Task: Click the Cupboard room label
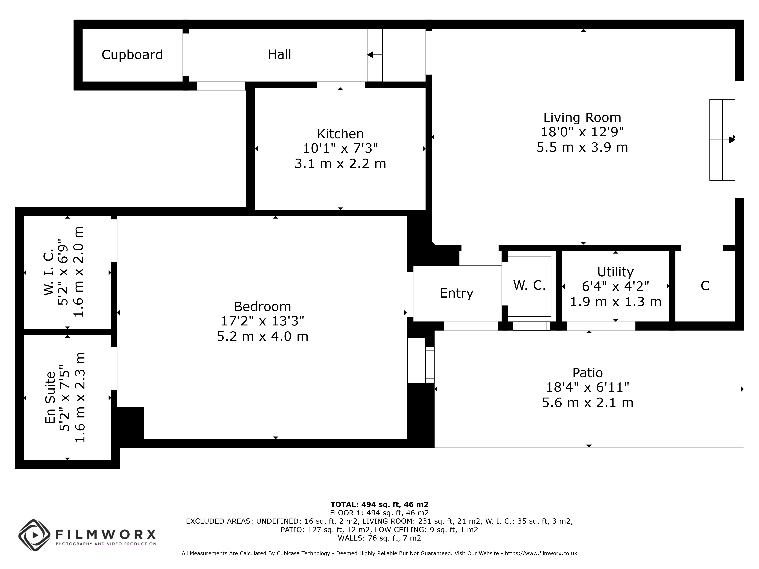(x=132, y=55)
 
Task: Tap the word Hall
(x=279, y=54)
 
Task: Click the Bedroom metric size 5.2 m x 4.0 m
(x=262, y=336)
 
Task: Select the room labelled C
(x=705, y=286)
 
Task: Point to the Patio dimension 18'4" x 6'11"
(x=587, y=387)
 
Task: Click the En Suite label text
(x=50, y=398)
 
